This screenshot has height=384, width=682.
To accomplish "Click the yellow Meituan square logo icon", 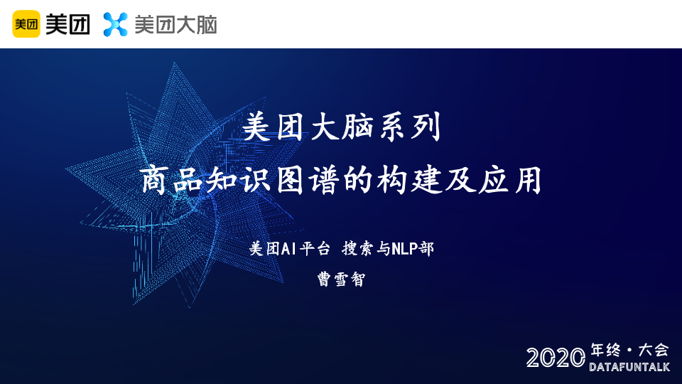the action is point(26,24).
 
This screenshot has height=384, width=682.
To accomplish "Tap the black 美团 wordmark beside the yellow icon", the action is point(68,24).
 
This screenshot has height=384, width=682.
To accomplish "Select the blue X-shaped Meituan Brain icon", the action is point(115,24).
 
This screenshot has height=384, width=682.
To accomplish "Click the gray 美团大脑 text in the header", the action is point(175,24).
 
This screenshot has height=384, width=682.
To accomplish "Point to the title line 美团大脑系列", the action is point(342,127).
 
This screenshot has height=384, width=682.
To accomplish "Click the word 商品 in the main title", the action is point(171,179).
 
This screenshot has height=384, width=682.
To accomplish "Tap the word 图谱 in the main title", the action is point(307,179).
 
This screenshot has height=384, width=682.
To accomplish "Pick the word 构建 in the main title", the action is point(408,179).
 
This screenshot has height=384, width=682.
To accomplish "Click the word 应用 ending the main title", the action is point(510,179).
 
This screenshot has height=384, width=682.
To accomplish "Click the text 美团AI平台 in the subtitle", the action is point(289,249).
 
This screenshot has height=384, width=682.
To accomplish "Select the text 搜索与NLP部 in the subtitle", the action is point(388,249).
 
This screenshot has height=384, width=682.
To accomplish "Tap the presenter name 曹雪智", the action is point(342,279).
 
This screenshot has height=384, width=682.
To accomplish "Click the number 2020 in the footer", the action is point(556,358).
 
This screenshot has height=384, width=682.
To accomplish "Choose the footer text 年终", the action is point(605,350).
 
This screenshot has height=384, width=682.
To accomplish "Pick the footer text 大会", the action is point(653,350).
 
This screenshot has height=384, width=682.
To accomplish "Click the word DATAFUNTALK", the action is point(629,367).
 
